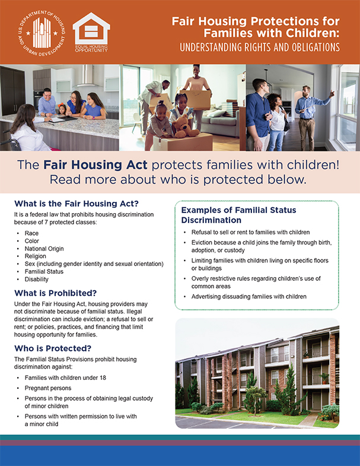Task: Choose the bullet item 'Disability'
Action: click(36, 279)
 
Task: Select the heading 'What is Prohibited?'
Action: click(57, 293)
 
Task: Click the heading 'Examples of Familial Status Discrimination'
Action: click(238, 215)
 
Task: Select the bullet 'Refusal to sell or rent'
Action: click(250, 232)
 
